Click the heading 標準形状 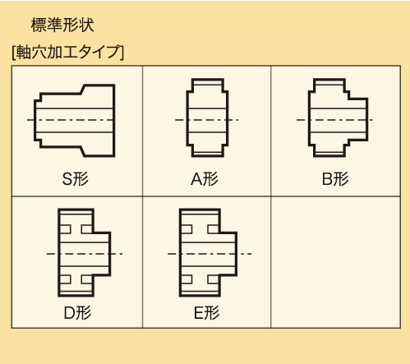click(x=62, y=25)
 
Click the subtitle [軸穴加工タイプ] click(x=68, y=52)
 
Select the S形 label click(x=76, y=179)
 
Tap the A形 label click(x=205, y=179)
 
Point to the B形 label click(x=335, y=179)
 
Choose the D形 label click(x=77, y=313)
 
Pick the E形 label click(x=206, y=313)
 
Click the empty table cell click(x=335, y=262)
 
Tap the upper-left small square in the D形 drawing click(x=66, y=229)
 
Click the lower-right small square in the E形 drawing click(x=213, y=279)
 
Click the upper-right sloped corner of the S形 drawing click(x=82, y=90)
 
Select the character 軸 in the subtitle click(x=24, y=52)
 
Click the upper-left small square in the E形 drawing click(x=187, y=229)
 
